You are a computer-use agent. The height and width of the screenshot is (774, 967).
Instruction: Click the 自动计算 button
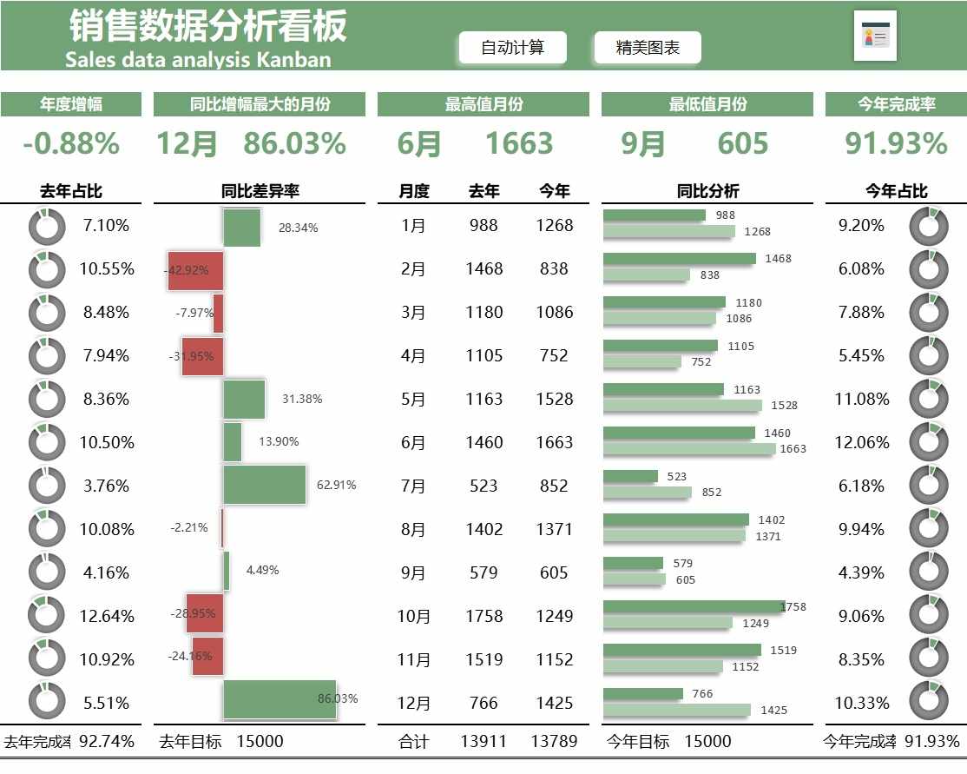512,48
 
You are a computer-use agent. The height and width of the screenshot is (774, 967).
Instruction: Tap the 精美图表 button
648,48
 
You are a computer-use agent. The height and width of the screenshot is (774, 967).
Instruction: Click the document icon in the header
875,36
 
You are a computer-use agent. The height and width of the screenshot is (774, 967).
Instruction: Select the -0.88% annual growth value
71,143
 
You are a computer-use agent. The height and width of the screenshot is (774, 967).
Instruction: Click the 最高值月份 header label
483,104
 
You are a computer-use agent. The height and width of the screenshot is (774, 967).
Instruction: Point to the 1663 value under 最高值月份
519,143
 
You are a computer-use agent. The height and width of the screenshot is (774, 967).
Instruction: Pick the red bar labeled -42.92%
196,270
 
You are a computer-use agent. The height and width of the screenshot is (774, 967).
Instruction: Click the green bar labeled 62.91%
265,485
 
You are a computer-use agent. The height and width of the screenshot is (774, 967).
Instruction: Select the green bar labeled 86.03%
280,699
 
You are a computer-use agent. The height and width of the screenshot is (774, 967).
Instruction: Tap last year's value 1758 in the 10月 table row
483,616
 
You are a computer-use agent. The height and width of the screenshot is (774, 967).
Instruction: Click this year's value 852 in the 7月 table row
554,486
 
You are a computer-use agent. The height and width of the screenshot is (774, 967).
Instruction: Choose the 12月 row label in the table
413,703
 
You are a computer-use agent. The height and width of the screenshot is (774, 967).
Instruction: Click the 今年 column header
554,191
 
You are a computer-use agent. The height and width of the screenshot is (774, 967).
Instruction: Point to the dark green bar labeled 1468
679,259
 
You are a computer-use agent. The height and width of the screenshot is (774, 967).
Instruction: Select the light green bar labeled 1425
676,710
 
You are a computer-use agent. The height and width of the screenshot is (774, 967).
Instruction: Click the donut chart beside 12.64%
47,616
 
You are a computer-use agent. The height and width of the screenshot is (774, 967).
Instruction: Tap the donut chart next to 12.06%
928,442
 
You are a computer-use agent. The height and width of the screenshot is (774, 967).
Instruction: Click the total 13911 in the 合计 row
483,742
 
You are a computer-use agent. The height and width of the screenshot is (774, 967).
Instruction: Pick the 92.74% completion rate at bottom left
107,742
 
